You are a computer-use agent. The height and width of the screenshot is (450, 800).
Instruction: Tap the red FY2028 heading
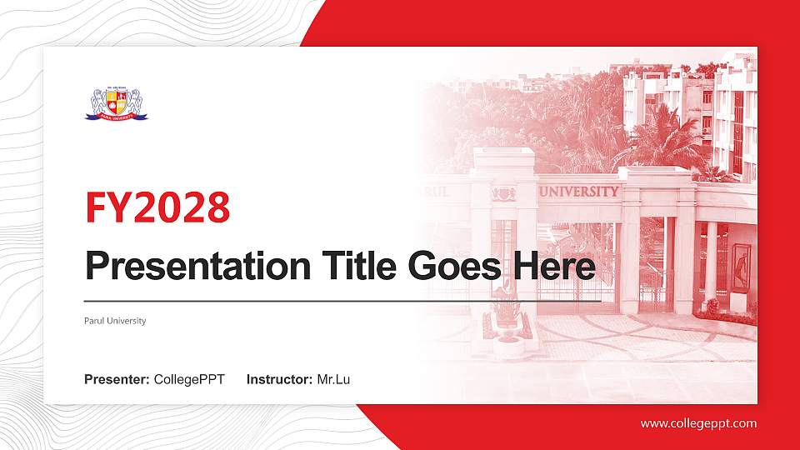click(x=157, y=207)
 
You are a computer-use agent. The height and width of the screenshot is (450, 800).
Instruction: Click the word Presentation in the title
click(x=192, y=266)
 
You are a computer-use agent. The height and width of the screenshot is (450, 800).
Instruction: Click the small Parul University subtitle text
click(x=115, y=321)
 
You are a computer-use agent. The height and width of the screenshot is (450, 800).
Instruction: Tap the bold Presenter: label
click(x=117, y=380)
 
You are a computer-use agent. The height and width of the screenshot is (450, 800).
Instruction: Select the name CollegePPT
click(x=189, y=380)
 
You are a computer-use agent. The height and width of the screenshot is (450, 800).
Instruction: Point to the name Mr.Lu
click(x=333, y=380)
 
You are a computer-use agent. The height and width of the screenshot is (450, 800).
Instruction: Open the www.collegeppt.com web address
click(x=698, y=423)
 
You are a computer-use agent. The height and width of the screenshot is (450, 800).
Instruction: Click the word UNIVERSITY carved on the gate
click(x=579, y=191)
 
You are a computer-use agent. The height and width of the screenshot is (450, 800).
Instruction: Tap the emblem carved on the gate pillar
click(x=502, y=193)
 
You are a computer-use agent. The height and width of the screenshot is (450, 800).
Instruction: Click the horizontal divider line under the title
click(x=342, y=300)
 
